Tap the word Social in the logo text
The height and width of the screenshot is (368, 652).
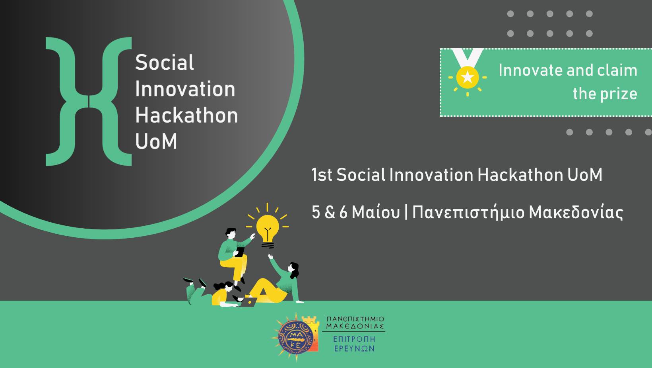click(x=165, y=63)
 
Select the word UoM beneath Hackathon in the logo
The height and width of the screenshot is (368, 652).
click(x=156, y=141)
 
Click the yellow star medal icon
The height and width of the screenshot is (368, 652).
click(x=468, y=77)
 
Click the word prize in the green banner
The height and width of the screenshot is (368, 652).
click(x=619, y=94)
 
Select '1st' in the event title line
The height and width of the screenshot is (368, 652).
click(x=322, y=175)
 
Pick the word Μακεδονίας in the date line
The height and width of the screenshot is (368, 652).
click(x=576, y=212)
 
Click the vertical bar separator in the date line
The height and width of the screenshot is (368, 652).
click(x=406, y=212)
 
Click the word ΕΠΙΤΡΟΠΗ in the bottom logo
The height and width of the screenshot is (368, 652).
click(x=354, y=339)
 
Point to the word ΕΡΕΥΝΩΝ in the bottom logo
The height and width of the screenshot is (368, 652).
click(x=354, y=348)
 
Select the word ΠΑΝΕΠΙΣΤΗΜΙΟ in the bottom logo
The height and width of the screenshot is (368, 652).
click(x=355, y=319)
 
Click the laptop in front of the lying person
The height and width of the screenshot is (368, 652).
click(x=248, y=302)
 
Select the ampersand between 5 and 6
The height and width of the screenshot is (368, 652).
click(x=330, y=212)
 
